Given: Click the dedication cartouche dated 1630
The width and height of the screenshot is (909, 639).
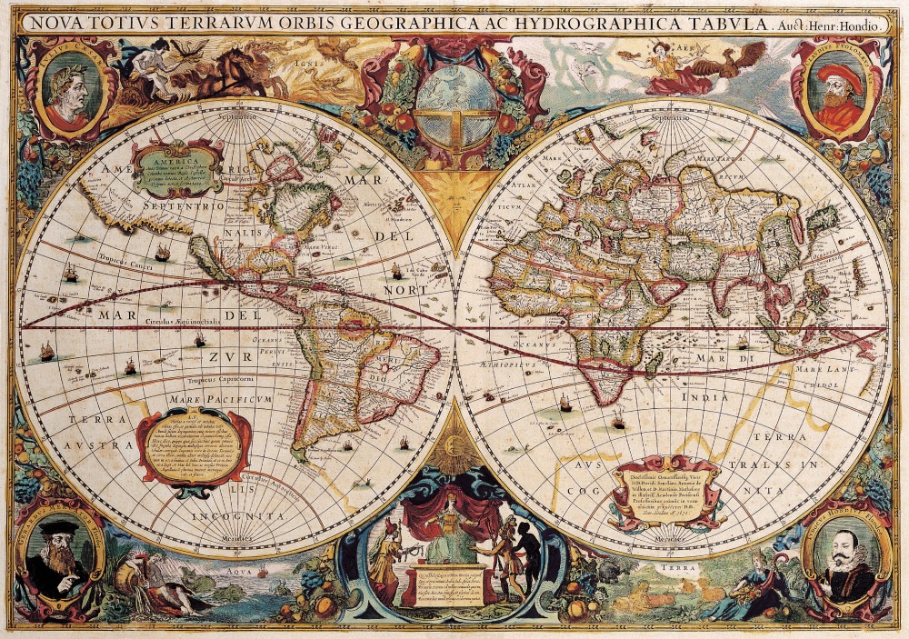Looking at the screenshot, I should point(668,491).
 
